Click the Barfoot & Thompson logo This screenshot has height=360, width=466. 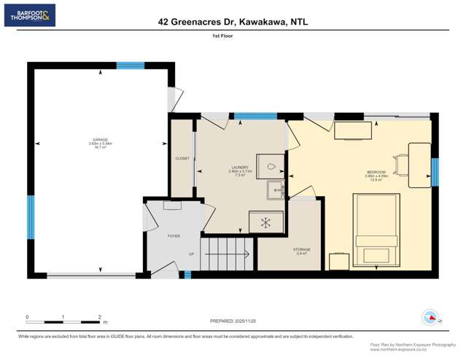pyautogui.click(x=29, y=15)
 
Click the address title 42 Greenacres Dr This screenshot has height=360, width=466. pyautogui.click(x=233, y=22)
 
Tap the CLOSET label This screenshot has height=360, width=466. pyautogui.click(x=182, y=158)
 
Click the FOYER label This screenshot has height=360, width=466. pyautogui.click(x=174, y=236)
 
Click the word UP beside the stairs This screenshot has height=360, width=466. pyautogui.click(x=191, y=254)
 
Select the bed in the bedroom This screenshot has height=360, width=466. pyautogui.click(x=376, y=230)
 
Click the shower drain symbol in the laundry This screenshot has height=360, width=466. pyautogui.click(x=265, y=221)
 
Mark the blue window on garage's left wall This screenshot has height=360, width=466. pyautogui.click(x=31, y=216)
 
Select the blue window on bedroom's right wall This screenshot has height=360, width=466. pyautogui.click(x=435, y=172)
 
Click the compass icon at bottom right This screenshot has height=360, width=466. pyautogui.click(x=430, y=318)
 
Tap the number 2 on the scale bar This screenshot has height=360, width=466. pyautogui.click(x=99, y=317)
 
